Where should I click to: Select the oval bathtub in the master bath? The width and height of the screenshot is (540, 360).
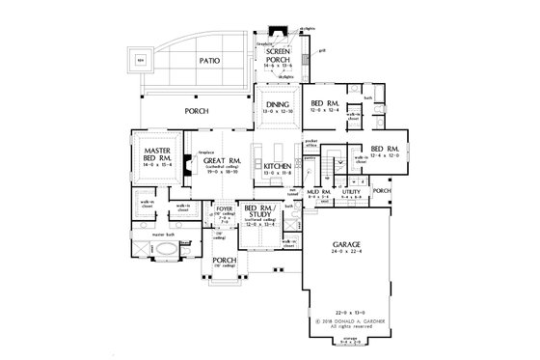point(168,249)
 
